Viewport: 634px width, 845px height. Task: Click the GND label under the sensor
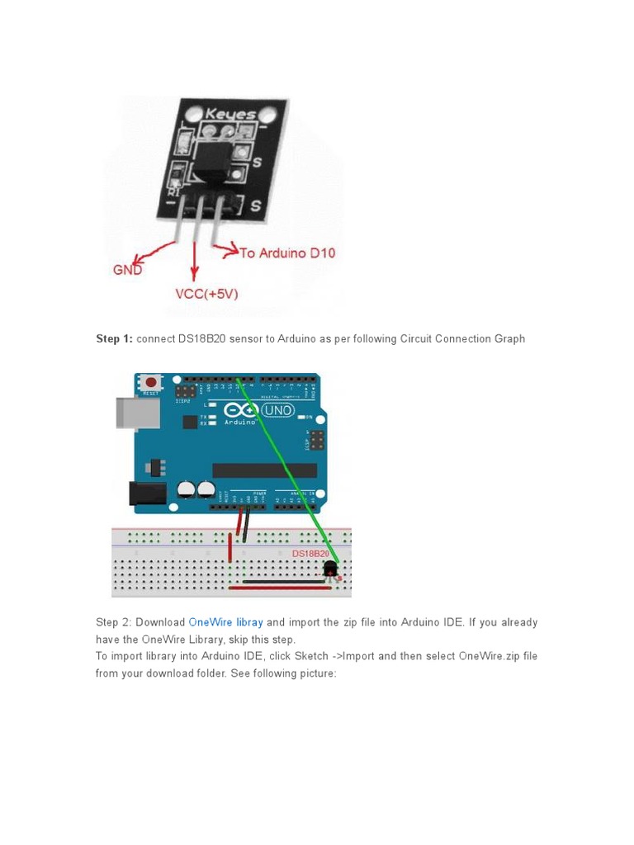(127, 270)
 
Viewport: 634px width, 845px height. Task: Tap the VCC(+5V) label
(206, 294)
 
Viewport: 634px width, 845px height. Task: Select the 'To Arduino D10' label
(287, 253)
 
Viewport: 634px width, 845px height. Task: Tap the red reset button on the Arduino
(152, 383)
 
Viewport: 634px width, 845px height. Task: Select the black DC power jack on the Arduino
(149, 493)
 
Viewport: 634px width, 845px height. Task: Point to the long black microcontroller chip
(264, 470)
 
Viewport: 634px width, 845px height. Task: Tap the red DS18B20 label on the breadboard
(310, 554)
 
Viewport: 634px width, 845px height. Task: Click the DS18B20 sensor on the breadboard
(331, 569)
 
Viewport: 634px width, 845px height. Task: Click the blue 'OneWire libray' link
(225, 622)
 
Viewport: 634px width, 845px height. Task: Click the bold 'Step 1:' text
(114, 339)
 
